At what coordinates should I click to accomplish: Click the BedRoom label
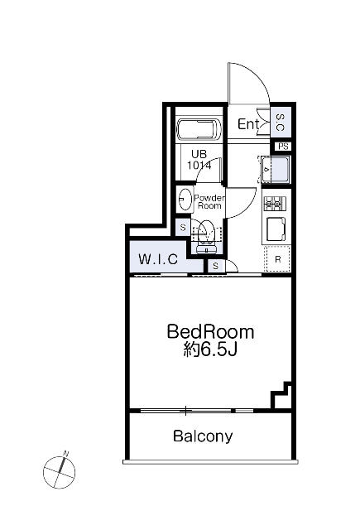click(210, 332)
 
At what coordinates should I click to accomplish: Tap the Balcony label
click(203, 436)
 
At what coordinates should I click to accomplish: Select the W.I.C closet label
click(158, 259)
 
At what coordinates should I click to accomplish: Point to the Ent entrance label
click(248, 124)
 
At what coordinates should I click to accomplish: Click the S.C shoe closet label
click(281, 123)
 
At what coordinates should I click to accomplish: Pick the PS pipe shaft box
click(283, 147)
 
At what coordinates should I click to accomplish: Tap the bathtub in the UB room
click(199, 129)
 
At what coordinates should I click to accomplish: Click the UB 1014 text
click(199, 160)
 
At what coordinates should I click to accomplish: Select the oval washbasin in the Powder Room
click(185, 200)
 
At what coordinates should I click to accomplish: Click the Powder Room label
click(209, 202)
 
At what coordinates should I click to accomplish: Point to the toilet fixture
click(206, 237)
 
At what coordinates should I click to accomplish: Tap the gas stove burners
click(274, 204)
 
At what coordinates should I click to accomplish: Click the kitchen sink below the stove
click(276, 229)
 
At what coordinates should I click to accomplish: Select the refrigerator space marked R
click(277, 259)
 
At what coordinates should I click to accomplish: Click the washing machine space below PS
click(276, 169)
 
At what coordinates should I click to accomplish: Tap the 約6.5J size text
click(210, 350)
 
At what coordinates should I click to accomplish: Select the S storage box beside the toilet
click(183, 227)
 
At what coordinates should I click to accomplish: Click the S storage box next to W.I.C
click(215, 267)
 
